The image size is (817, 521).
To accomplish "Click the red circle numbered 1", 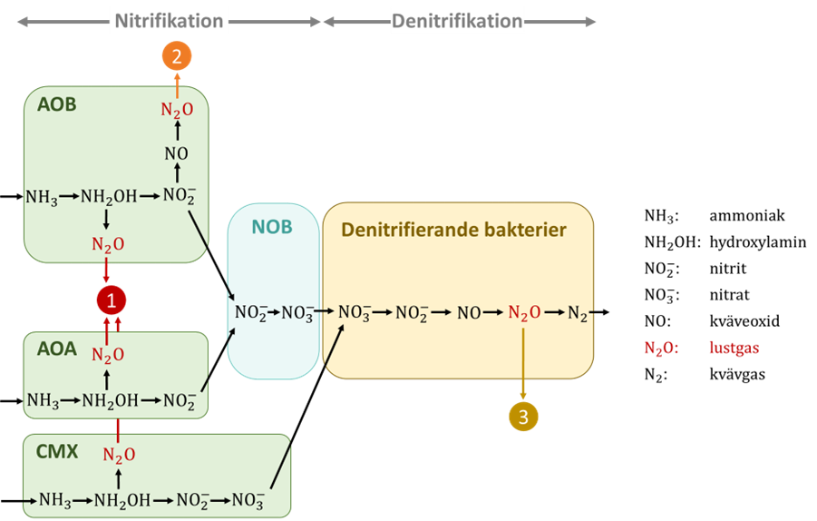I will (x=112, y=300).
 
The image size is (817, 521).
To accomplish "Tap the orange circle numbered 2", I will (x=177, y=56).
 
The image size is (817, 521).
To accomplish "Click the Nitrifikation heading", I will (x=170, y=20).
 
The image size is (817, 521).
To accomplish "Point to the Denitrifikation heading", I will (x=457, y=20).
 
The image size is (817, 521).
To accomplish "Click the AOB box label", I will (x=57, y=104).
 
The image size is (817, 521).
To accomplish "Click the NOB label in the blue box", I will (x=272, y=227).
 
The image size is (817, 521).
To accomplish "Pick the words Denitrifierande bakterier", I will (x=453, y=230).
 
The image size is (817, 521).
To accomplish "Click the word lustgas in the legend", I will (x=734, y=348).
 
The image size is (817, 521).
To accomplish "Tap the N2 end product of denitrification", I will (x=578, y=314).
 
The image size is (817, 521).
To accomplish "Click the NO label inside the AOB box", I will (x=177, y=153).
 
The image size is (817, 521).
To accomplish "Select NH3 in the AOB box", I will (x=42, y=197).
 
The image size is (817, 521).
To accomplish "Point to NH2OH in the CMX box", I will (x=118, y=500).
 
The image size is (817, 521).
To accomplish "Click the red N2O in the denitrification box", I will (x=524, y=313).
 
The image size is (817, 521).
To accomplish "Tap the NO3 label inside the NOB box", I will (x=297, y=314).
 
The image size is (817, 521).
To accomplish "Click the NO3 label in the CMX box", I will (x=247, y=500).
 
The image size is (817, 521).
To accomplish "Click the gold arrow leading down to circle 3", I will (x=523, y=363).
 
